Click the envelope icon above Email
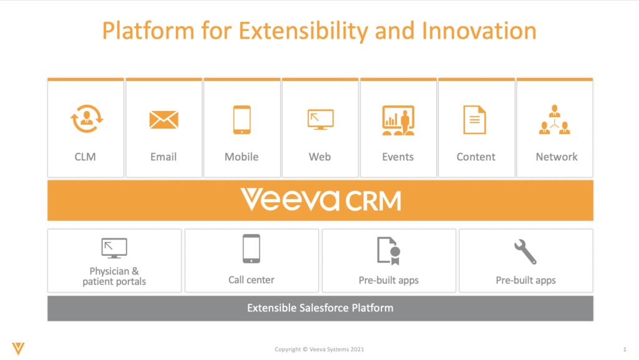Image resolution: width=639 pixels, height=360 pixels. [164, 120]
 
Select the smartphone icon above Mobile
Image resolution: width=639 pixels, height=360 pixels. [241, 120]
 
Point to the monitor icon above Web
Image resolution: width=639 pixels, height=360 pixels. [320, 120]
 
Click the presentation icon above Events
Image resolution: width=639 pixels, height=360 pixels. [398, 120]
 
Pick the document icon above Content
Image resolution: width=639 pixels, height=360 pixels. [475, 120]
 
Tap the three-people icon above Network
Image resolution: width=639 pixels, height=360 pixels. [554, 120]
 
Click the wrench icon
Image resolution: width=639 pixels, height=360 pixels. [525, 252]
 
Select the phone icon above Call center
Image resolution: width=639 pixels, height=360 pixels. [251, 249]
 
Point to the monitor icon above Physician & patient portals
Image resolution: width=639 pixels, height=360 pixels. [114, 248]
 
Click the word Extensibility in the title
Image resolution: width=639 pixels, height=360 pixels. [303, 31]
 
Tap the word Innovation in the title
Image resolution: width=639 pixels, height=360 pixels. [479, 31]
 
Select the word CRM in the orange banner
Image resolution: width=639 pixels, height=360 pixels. [373, 201]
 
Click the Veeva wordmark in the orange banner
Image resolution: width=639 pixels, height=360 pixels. [290, 199]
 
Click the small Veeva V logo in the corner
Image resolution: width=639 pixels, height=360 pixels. [18, 349]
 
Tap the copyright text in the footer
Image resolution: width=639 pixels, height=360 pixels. [319, 349]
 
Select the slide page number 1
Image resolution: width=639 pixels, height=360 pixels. [625, 349]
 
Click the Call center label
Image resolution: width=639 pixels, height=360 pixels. [251, 280]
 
